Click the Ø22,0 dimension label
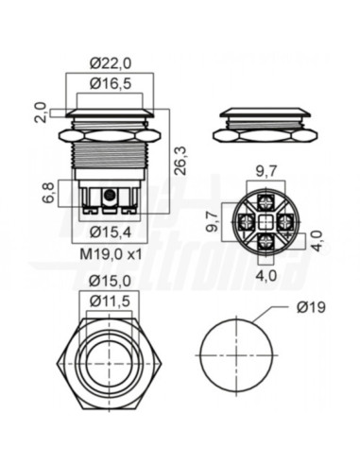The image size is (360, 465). pyautogui.click(x=111, y=64)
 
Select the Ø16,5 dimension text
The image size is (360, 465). pyautogui.click(x=111, y=84)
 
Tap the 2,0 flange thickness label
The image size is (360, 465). pyautogui.click(x=42, y=112)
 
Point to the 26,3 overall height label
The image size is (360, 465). pyautogui.click(x=180, y=161)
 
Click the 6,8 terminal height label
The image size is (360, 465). pyautogui.click(x=50, y=193)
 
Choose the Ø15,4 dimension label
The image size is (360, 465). pyautogui.click(x=111, y=232)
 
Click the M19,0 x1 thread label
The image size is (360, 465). pyautogui.click(x=111, y=254)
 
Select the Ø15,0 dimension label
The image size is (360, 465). pyautogui.click(x=110, y=282)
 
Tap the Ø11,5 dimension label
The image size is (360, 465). pyautogui.click(x=110, y=301)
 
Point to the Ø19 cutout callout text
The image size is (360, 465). pyautogui.click(x=311, y=307)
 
